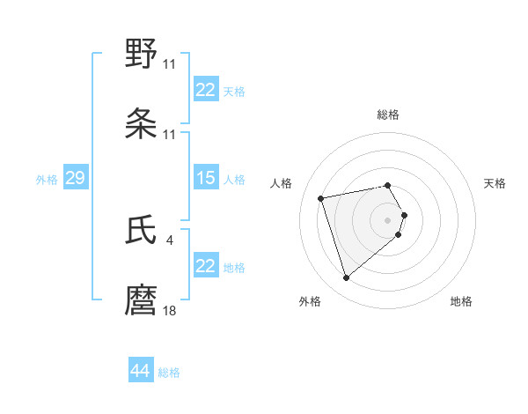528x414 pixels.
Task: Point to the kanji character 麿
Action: (x=142, y=300)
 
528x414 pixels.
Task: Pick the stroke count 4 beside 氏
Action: (x=169, y=240)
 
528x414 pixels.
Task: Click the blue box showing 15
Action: (x=205, y=178)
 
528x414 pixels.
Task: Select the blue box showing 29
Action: (x=75, y=178)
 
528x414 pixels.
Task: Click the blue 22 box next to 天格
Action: (x=205, y=90)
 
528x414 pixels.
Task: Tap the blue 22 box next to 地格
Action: (x=205, y=266)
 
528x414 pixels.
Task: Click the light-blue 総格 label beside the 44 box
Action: (x=169, y=373)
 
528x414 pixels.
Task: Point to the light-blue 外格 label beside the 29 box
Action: (x=47, y=180)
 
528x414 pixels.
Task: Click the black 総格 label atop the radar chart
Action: (x=388, y=115)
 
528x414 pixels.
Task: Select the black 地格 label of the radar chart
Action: (x=461, y=301)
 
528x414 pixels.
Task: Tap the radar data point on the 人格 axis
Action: (x=321, y=197)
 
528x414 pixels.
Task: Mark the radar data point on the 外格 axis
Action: (x=347, y=278)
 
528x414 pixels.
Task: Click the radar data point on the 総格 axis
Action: (x=388, y=185)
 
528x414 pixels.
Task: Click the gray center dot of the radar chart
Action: (x=388, y=219)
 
